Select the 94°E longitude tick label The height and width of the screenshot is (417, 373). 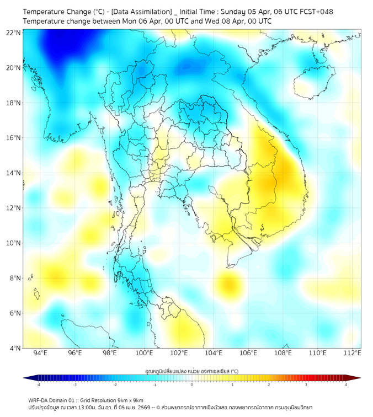(x=40, y=353)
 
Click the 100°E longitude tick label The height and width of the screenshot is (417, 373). (x=145, y=353)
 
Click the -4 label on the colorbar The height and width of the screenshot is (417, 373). (x=38, y=384)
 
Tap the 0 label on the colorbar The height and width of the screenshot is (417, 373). (x=192, y=384)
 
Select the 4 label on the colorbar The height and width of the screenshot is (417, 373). (x=345, y=384)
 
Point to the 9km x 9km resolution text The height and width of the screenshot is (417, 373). (x=129, y=400)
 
